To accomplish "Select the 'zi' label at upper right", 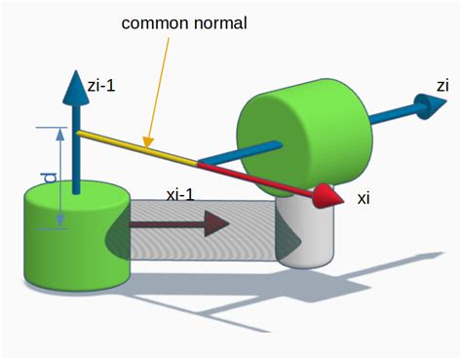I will coord(443,86).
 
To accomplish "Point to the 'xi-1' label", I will coord(180,193).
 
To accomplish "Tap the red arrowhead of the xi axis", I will coord(332,197).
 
